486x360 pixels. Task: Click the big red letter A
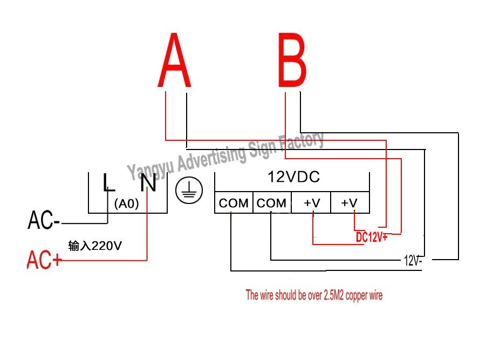[x=175, y=61]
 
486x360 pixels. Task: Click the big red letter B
[x=292, y=61]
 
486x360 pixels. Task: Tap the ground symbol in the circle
[x=189, y=191]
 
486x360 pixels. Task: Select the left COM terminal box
[x=234, y=203]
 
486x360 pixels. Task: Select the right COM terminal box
[x=272, y=203]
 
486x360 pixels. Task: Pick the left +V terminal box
[x=311, y=203]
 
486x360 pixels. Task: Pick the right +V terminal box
[x=350, y=203]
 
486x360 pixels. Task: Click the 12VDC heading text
[x=293, y=176]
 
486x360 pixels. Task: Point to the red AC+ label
[x=45, y=261]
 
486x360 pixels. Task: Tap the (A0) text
[x=127, y=205]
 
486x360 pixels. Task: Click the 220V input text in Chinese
[x=95, y=246]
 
